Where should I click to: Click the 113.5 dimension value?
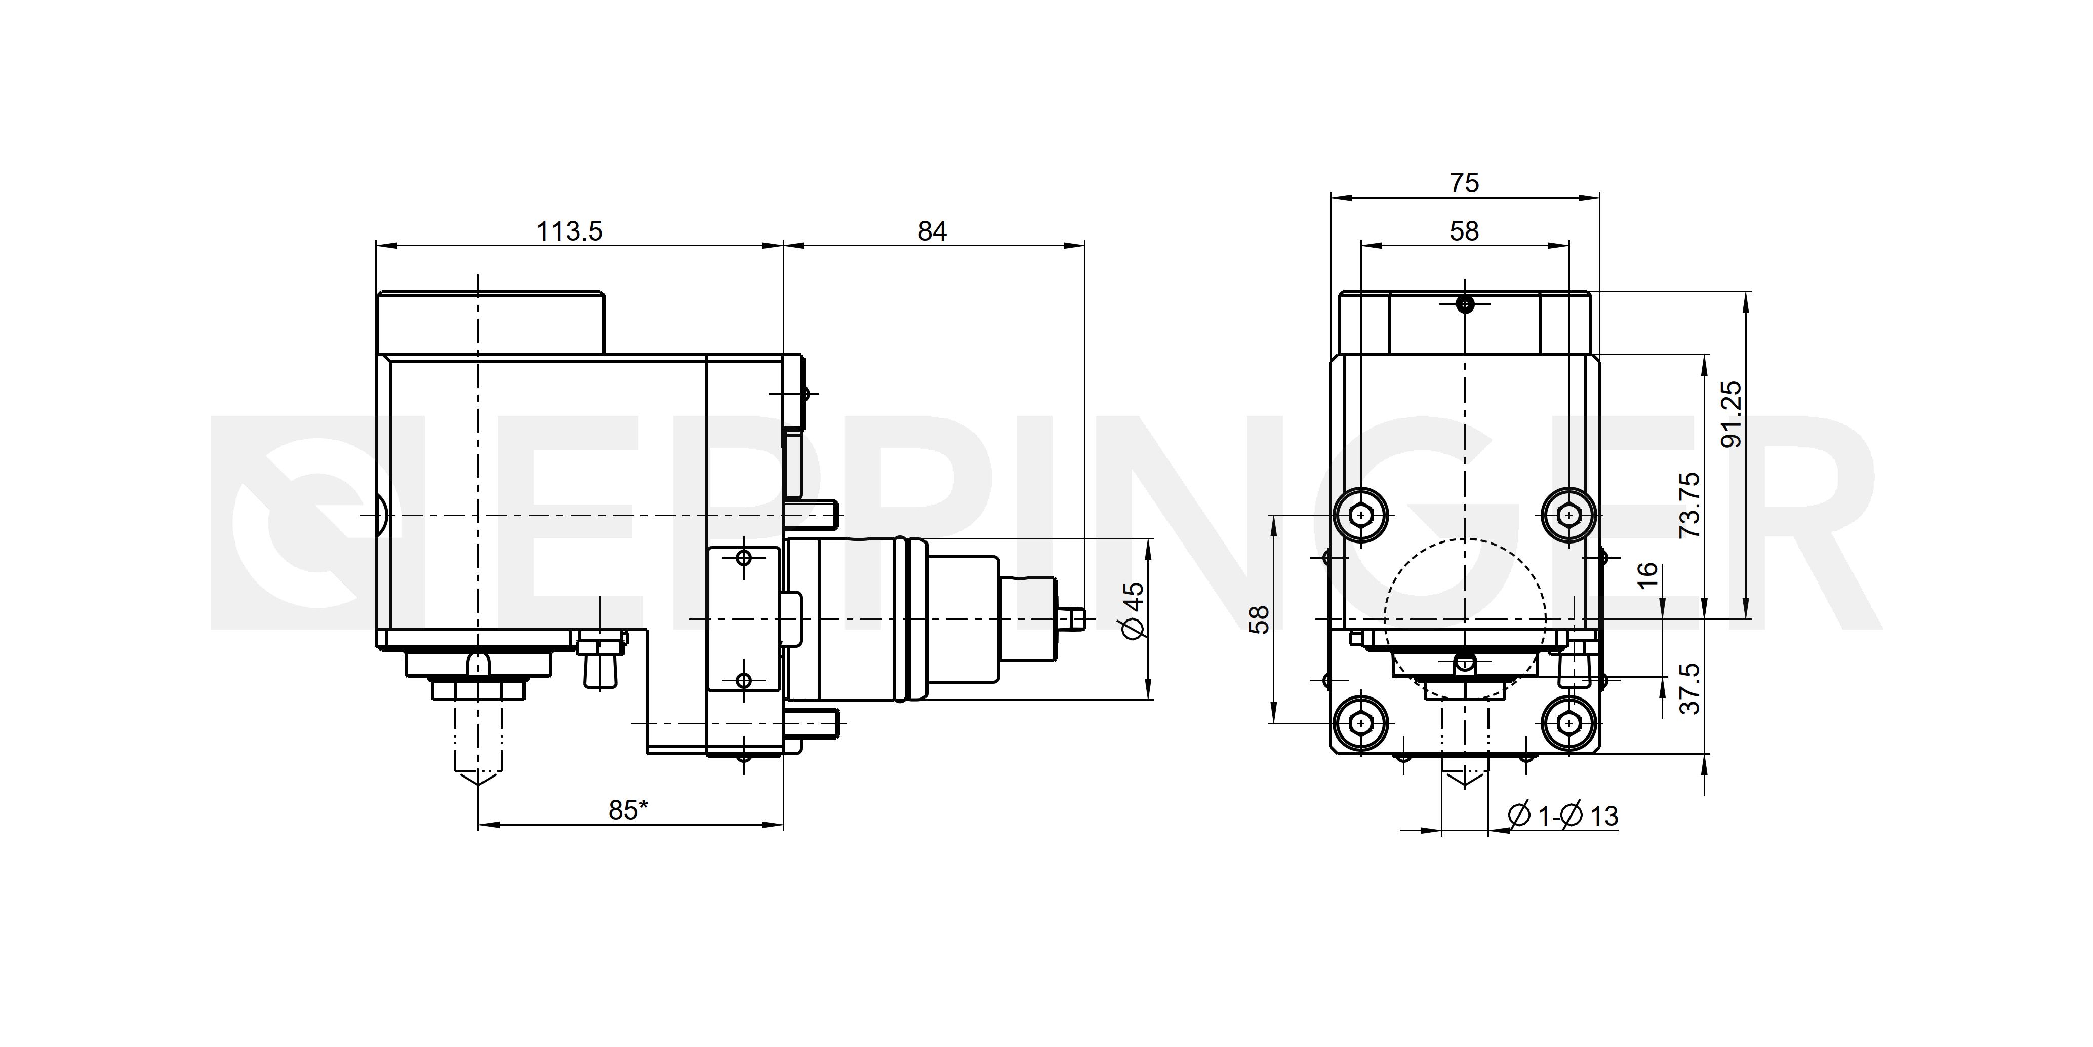(570, 231)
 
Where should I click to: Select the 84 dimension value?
(932, 231)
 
